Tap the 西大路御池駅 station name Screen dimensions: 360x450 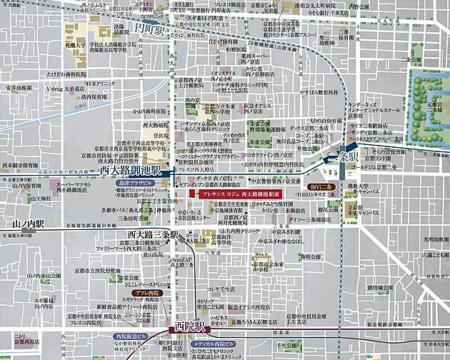(129, 171)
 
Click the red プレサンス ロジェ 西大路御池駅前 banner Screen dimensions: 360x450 (239, 193)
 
